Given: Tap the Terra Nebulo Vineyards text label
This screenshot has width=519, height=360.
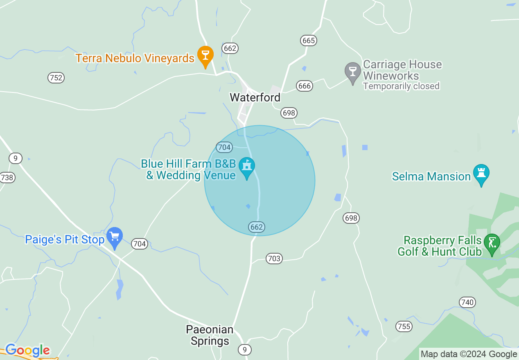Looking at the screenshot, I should [x=135, y=58].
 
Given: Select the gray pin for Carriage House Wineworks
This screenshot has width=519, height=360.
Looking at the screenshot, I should [x=352, y=72].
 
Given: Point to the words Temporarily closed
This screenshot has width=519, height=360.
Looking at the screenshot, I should [x=401, y=86].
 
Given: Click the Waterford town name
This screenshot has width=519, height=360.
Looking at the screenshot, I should [x=255, y=97].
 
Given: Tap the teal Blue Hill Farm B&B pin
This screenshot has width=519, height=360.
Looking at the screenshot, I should [x=247, y=167].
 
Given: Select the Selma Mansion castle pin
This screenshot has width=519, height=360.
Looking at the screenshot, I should [x=481, y=174].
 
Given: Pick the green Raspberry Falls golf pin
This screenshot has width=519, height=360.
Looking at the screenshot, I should [x=492, y=243].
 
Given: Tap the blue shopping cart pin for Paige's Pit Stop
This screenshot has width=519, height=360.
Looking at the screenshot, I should [x=115, y=237].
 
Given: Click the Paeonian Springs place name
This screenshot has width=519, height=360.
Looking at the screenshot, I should [x=210, y=335].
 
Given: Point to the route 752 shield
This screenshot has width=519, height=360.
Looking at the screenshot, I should [x=56, y=78].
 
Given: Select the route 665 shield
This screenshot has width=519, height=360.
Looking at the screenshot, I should [x=308, y=40].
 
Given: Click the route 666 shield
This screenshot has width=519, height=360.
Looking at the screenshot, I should [x=305, y=86].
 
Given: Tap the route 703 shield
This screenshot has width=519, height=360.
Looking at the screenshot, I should [x=274, y=259].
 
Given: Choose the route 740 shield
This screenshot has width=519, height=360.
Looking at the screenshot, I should [x=467, y=302].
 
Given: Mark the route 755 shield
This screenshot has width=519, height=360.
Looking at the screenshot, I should [x=404, y=326].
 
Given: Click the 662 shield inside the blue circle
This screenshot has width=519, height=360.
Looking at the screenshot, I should [x=256, y=227].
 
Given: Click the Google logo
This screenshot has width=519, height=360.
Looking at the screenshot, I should [x=27, y=350].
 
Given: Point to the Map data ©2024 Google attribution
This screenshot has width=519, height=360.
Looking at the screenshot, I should [x=469, y=354].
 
